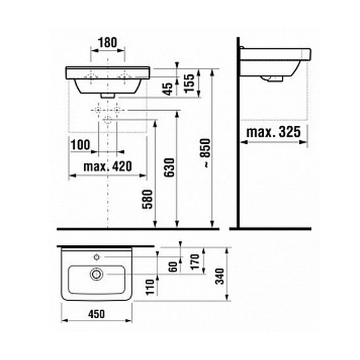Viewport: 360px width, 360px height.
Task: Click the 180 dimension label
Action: click(x=108, y=43)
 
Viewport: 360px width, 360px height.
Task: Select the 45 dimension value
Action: click(x=168, y=89)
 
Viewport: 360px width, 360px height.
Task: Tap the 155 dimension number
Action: click(x=189, y=83)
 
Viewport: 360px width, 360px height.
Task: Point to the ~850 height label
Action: click(x=205, y=153)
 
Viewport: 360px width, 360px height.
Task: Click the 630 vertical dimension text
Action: click(x=170, y=167)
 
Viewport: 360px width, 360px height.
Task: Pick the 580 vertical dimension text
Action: click(x=147, y=199)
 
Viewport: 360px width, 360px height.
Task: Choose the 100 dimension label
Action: click(x=80, y=145)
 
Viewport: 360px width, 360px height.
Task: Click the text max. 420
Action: click(x=108, y=166)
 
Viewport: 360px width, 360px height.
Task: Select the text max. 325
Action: click(x=273, y=132)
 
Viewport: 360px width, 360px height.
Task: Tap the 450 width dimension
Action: click(x=96, y=314)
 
